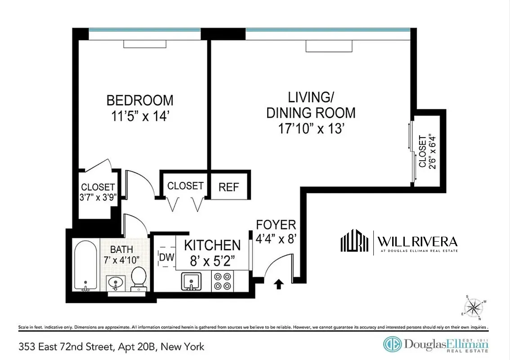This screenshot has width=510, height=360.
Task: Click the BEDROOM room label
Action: point(139,99)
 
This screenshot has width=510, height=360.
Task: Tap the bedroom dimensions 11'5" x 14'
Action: point(139,116)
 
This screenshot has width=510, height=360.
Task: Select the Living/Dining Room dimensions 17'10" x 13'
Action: point(311,129)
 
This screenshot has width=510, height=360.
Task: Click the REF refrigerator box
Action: point(228,187)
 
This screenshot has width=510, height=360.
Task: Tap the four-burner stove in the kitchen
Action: point(222,282)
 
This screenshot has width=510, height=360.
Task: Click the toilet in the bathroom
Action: point(138,279)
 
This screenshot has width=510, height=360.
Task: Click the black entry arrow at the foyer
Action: point(279,283)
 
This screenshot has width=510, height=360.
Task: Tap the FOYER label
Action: point(276,225)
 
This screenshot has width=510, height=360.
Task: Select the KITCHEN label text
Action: point(212,245)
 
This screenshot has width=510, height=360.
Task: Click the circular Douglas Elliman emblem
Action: point(392,344)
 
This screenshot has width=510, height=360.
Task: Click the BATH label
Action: point(121,249)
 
